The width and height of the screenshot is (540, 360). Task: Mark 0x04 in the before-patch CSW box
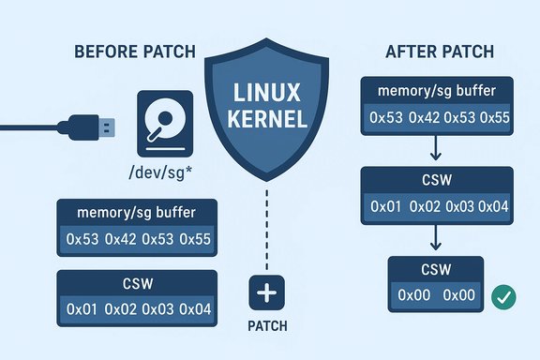tap(197, 308)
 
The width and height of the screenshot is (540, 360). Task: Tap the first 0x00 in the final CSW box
tap(413, 295)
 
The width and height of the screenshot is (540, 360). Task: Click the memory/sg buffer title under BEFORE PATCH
tap(138, 213)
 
